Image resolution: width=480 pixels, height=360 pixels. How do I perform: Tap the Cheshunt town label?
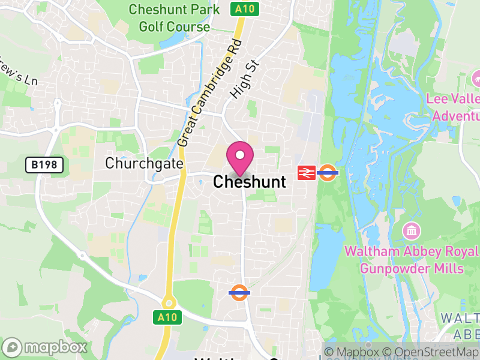tap(250, 181)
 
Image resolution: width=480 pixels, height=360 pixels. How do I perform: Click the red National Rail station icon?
tap(306, 173)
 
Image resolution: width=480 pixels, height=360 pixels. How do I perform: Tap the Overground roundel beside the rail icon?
tap(328, 173)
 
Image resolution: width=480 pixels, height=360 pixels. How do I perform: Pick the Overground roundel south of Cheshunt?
tap(239, 293)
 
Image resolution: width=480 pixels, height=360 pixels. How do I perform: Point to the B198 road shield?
tap(44, 165)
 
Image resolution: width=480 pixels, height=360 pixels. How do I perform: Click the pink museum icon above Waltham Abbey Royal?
tap(412, 230)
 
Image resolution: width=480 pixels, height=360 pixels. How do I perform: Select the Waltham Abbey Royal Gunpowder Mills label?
tap(412, 259)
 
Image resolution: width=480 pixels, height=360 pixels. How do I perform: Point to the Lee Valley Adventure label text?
tap(453, 107)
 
